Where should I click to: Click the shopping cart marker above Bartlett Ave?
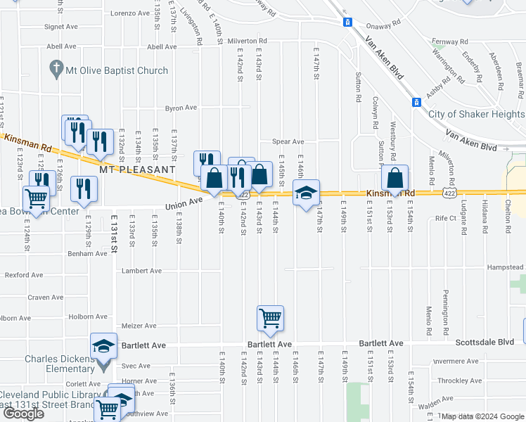(x=270, y=319)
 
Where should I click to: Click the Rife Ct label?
(x=446, y=218)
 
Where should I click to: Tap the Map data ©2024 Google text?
(x=483, y=416)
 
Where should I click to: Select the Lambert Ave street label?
(x=141, y=271)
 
